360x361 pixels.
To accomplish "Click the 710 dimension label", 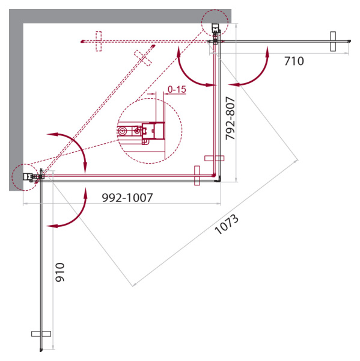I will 294,61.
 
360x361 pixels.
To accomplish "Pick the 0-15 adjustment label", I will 177,90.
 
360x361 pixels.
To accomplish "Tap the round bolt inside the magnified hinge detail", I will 124,130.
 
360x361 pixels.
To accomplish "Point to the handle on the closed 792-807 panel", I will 214,158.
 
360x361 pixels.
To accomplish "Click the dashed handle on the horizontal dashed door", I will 100,41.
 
